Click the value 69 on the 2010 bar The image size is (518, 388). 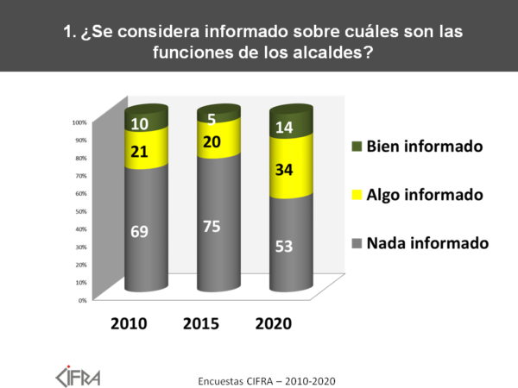tap(137, 231)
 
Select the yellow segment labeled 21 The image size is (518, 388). tap(137, 152)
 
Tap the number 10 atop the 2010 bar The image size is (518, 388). tap(137, 124)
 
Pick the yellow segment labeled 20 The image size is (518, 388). tap(210, 141)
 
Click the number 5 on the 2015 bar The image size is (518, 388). tap(210, 118)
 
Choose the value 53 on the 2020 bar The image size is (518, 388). tap(283, 247)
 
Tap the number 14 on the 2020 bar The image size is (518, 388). tap(284, 128)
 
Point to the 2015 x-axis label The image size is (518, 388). tap(201, 324)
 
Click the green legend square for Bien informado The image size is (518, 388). tap(357, 147)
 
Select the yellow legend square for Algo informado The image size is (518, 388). tap(357, 195)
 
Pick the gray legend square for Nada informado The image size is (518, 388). tap(357, 243)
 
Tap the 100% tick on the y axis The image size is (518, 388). tap(79, 122)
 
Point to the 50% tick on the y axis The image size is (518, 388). tap(80, 211)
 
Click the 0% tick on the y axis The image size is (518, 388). tap(82, 300)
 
